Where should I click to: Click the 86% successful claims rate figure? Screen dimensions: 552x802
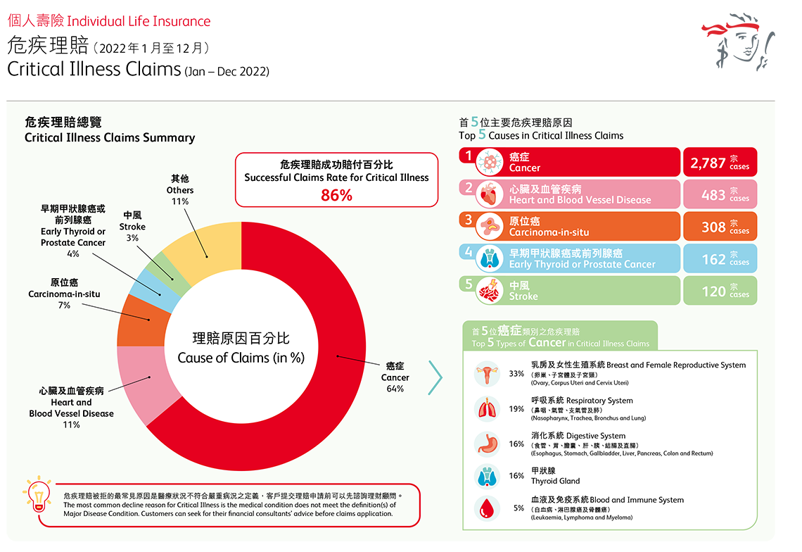[336, 196]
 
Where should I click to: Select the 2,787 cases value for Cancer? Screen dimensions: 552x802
[720, 163]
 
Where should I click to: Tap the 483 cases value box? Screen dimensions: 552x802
[720, 194]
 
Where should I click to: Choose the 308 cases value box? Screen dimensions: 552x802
[720, 227]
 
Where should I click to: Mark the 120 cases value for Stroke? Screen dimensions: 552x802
[720, 290]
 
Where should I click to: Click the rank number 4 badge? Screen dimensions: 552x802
[468, 251]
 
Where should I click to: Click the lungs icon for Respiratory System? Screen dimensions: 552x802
[487, 409]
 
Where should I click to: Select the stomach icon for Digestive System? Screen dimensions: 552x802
[487, 444]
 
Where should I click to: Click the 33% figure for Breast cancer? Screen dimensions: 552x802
[516, 373]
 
